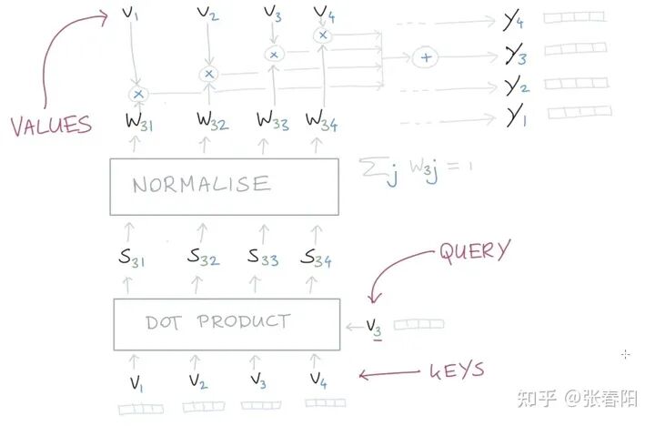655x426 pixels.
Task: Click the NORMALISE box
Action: click(224, 185)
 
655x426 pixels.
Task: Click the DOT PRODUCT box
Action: click(226, 323)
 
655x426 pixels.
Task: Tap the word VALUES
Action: click(51, 125)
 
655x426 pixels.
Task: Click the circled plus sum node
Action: click(425, 57)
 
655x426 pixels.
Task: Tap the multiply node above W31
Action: click(138, 94)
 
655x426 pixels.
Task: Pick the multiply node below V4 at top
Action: click(322, 35)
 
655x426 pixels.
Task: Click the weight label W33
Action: click(275, 121)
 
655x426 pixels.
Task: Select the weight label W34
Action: click(323, 121)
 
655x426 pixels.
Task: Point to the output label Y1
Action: click(515, 116)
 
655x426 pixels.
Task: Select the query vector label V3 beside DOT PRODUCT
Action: click(375, 325)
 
